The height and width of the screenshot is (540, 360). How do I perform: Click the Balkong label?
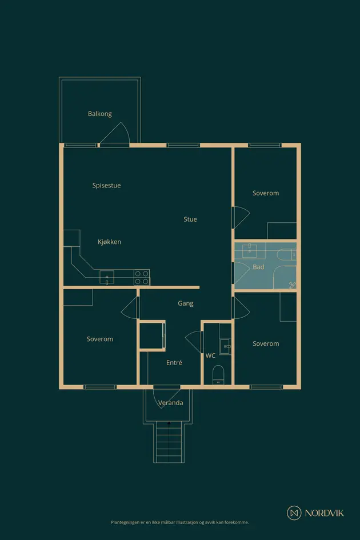click(99, 114)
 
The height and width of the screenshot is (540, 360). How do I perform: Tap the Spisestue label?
click(106, 185)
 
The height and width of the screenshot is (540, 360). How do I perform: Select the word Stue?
click(190, 219)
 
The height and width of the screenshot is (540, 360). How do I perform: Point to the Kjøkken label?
click(109, 242)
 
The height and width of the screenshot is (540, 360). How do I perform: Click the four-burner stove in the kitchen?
click(142, 278)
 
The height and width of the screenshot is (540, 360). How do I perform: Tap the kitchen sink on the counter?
click(107, 277)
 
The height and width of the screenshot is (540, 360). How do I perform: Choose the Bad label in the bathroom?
click(258, 267)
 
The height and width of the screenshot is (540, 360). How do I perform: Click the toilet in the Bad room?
click(286, 255)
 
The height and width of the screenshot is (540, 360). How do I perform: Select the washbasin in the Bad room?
click(249, 251)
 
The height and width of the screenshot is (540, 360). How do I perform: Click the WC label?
click(210, 356)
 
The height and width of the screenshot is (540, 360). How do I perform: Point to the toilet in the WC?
click(218, 375)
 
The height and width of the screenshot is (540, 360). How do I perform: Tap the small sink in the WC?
click(226, 346)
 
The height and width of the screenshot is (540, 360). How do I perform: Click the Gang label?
click(185, 303)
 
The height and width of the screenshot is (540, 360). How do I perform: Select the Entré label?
click(174, 363)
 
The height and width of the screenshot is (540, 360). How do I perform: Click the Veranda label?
click(170, 403)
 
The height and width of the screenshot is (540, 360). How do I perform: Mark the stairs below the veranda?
click(169, 442)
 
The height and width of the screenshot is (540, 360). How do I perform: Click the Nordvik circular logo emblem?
click(294, 513)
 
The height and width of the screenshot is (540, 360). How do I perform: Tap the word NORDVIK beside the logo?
click(324, 513)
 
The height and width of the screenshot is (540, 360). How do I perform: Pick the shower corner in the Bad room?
click(285, 278)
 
